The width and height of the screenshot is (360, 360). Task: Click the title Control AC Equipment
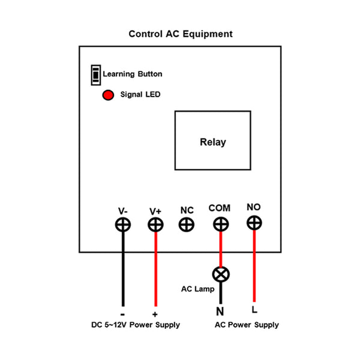(x=181, y=34)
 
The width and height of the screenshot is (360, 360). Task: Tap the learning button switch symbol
(x=95, y=74)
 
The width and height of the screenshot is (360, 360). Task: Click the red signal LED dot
(x=108, y=95)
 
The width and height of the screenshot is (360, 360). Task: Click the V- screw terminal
(x=123, y=224)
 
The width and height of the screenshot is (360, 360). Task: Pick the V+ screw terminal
(x=155, y=224)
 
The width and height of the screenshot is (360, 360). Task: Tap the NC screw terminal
(x=187, y=224)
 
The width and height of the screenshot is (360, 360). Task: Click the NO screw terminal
(x=254, y=223)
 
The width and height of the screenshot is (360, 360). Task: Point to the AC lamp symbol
(x=221, y=274)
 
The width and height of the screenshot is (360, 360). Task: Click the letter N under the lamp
(x=220, y=311)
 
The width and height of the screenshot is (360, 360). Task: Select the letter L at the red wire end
(x=255, y=310)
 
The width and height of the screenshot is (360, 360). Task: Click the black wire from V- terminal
(x=124, y=270)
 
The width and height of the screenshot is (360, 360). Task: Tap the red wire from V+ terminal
(x=156, y=270)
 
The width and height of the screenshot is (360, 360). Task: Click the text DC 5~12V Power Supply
(x=136, y=325)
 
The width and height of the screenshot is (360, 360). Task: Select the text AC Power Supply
(x=247, y=325)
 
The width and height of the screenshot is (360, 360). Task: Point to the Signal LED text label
(x=140, y=95)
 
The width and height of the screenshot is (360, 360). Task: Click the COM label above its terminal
(x=220, y=208)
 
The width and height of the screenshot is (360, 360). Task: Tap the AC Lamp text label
(x=198, y=289)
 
